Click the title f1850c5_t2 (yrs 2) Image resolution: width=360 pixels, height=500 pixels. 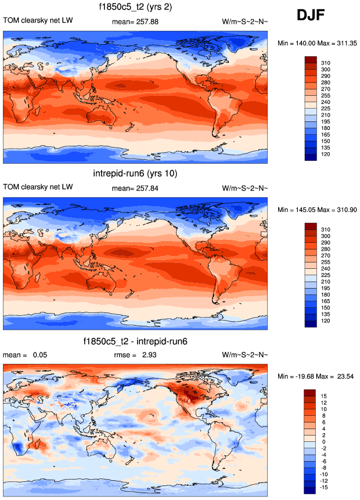tap(135, 8)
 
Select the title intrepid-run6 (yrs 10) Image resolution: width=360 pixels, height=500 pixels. tap(135, 174)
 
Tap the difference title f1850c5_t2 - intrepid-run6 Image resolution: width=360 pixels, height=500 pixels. tap(135, 341)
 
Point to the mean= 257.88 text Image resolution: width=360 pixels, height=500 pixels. tap(135, 22)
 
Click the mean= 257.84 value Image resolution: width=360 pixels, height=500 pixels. tap(135, 188)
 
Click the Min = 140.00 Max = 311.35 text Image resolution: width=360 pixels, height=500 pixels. tap(316, 43)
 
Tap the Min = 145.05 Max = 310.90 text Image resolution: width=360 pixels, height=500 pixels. tap(316, 210)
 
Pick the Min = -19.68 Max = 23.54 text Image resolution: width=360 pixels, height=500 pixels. tap(316, 377)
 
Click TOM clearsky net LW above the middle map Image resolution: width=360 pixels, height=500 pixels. tap(38, 188)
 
